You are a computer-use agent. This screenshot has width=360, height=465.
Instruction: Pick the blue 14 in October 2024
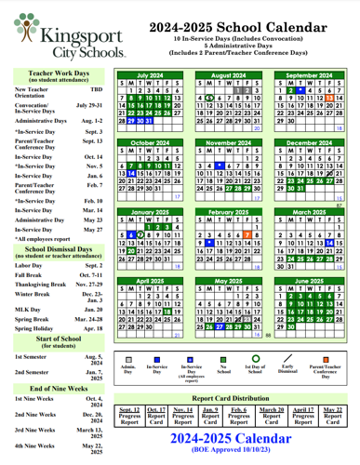click(132, 172)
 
